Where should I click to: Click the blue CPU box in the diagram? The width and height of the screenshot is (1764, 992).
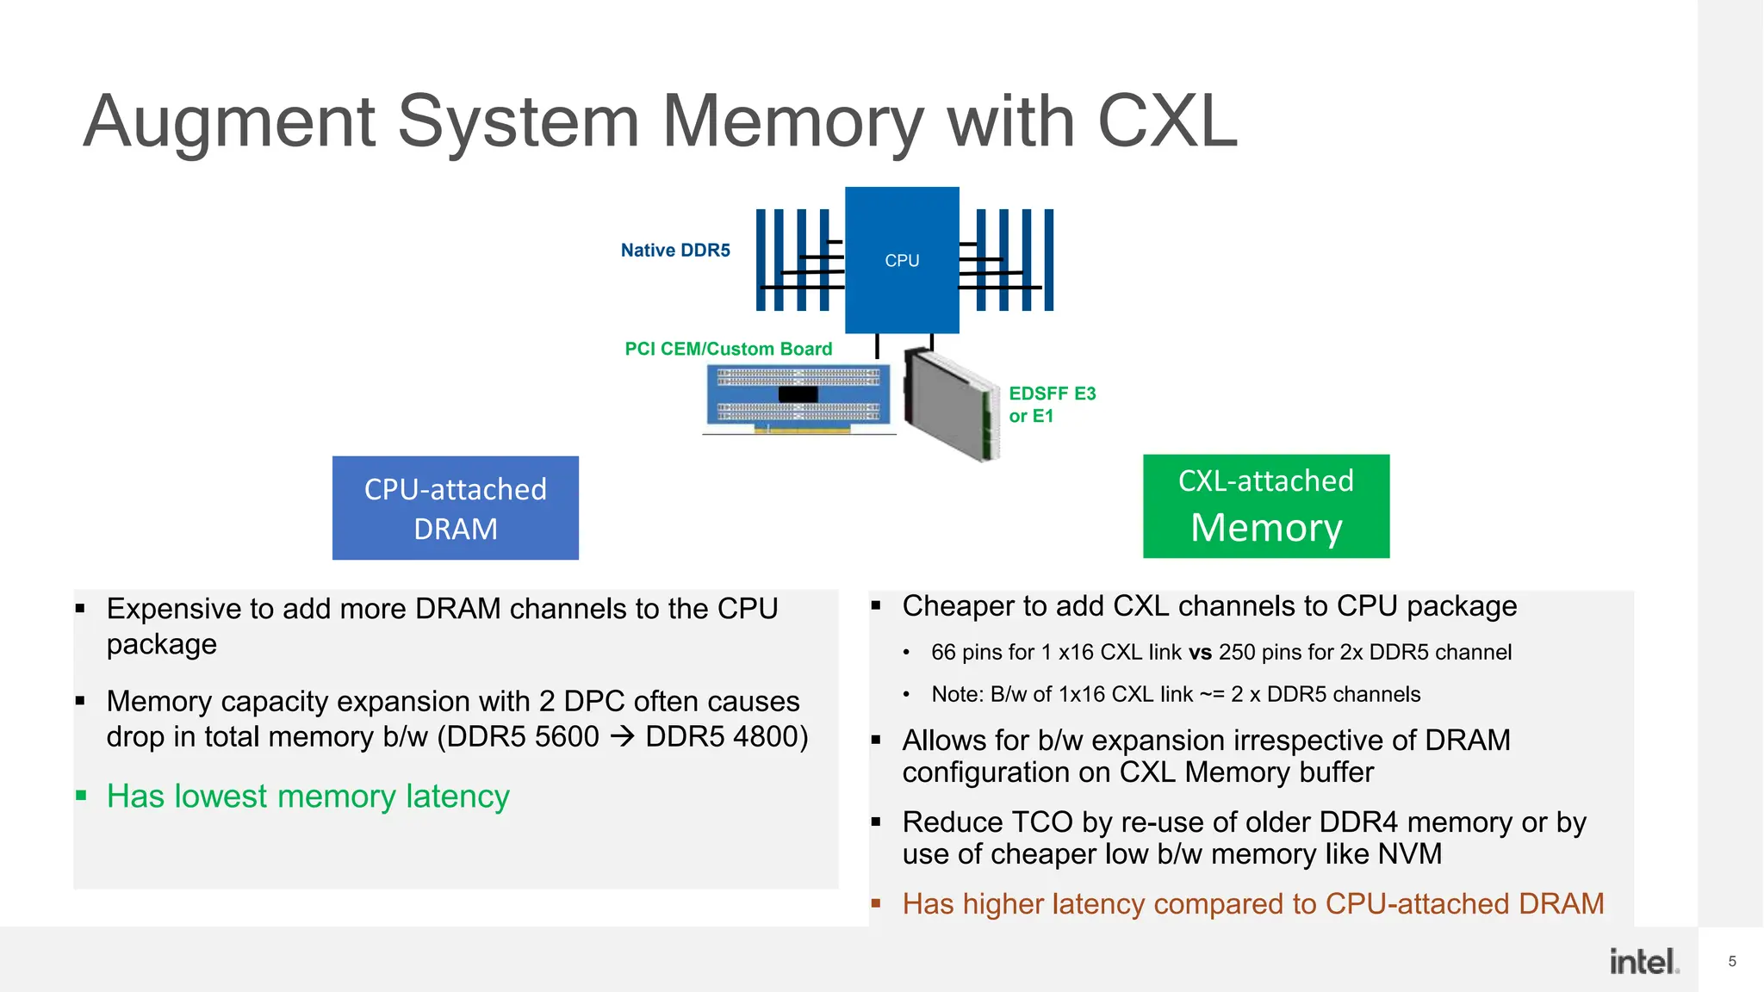pyautogui.click(x=902, y=259)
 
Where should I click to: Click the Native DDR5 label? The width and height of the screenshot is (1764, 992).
pyautogui.click(x=675, y=250)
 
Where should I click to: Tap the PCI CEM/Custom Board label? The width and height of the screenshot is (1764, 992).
pyautogui.click(x=729, y=349)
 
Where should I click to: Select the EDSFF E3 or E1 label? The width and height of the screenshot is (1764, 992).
pyautogui.click(x=1051, y=405)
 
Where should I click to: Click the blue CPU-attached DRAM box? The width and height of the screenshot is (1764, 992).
pyautogui.click(x=456, y=508)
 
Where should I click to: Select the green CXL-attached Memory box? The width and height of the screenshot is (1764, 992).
pyautogui.click(x=1266, y=506)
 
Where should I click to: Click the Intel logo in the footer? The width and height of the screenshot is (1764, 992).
pyautogui.click(x=1644, y=961)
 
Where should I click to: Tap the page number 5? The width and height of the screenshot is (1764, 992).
pyautogui.click(x=1732, y=961)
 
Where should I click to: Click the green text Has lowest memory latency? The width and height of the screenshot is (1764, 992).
pyautogui.click(x=308, y=797)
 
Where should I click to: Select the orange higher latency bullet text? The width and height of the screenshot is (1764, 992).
pyautogui.click(x=1253, y=904)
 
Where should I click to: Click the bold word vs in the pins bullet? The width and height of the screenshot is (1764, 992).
pyautogui.click(x=1201, y=653)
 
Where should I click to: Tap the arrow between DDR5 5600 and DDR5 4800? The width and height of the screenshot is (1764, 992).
pyautogui.click(x=622, y=737)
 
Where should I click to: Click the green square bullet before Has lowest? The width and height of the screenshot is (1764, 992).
pyautogui.click(x=81, y=796)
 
